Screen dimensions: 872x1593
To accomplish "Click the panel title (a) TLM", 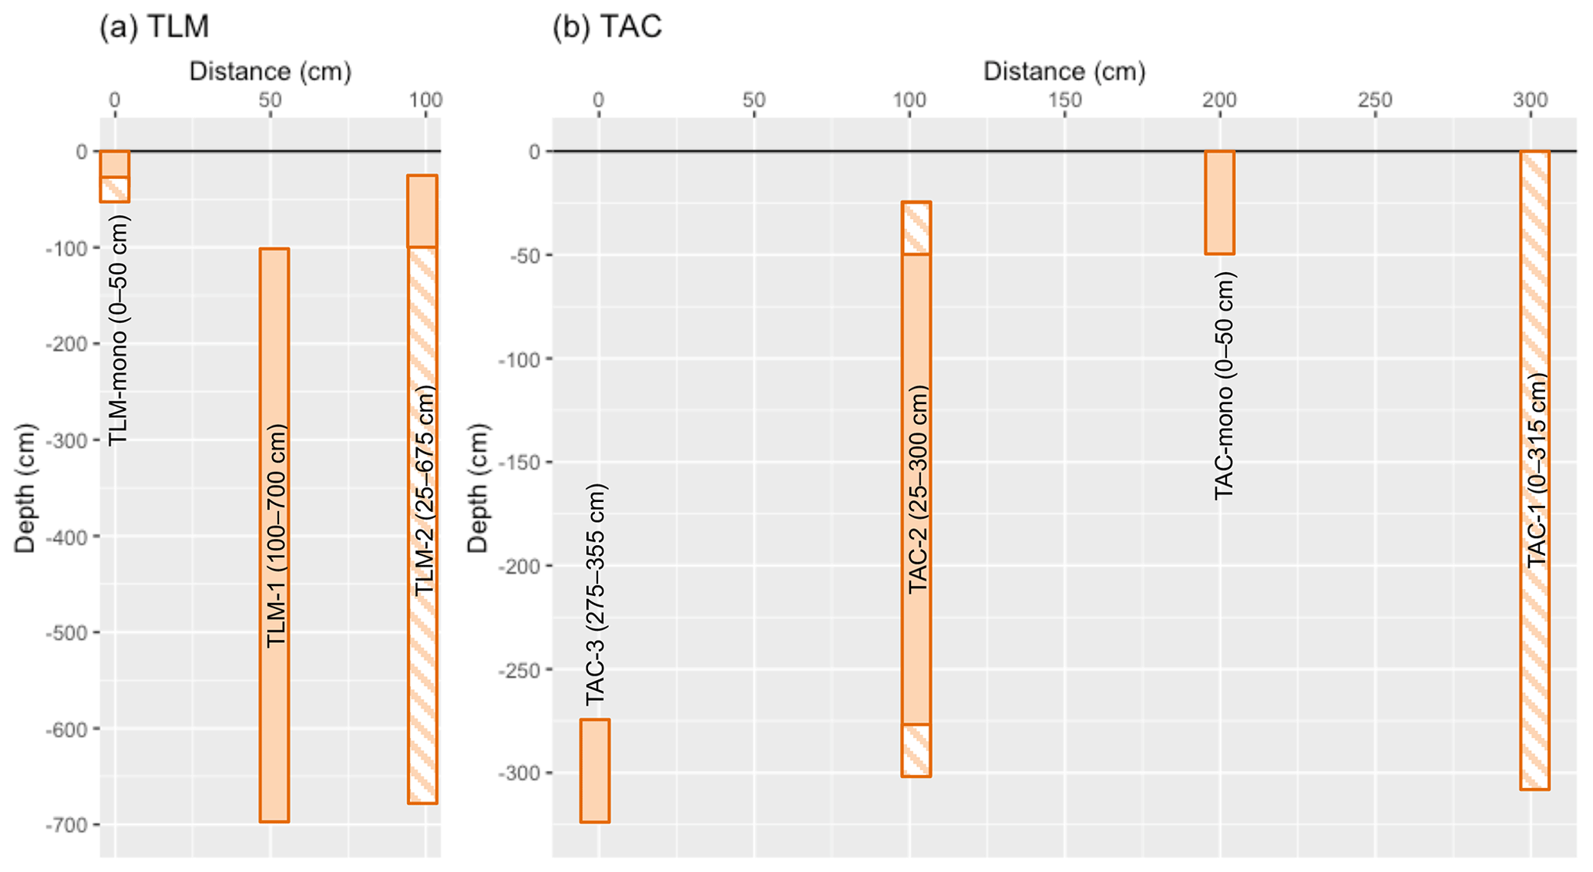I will point(154,27).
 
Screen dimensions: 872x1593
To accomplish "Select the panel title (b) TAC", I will point(607,27).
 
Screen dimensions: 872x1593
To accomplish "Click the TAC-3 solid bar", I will point(595,771).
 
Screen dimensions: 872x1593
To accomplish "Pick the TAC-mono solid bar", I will point(1220,202).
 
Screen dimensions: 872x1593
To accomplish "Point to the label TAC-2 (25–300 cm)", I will point(917,490).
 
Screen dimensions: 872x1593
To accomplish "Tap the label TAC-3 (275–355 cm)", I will point(596,594).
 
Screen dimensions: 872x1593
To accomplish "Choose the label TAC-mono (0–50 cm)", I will point(1224,385).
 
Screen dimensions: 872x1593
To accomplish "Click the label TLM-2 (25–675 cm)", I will point(425,490).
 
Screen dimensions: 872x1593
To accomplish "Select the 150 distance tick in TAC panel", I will point(1065,100).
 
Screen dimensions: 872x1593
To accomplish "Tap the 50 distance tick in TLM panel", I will point(270,100).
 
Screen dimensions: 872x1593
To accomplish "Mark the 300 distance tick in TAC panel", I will point(1531,100).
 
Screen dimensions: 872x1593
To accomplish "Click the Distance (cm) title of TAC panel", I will point(1064,72).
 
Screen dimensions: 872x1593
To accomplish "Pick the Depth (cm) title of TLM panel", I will point(25,488).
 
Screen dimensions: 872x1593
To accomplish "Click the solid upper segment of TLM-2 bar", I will point(422,211).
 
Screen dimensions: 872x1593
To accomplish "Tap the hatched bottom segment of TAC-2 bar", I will point(916,750).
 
